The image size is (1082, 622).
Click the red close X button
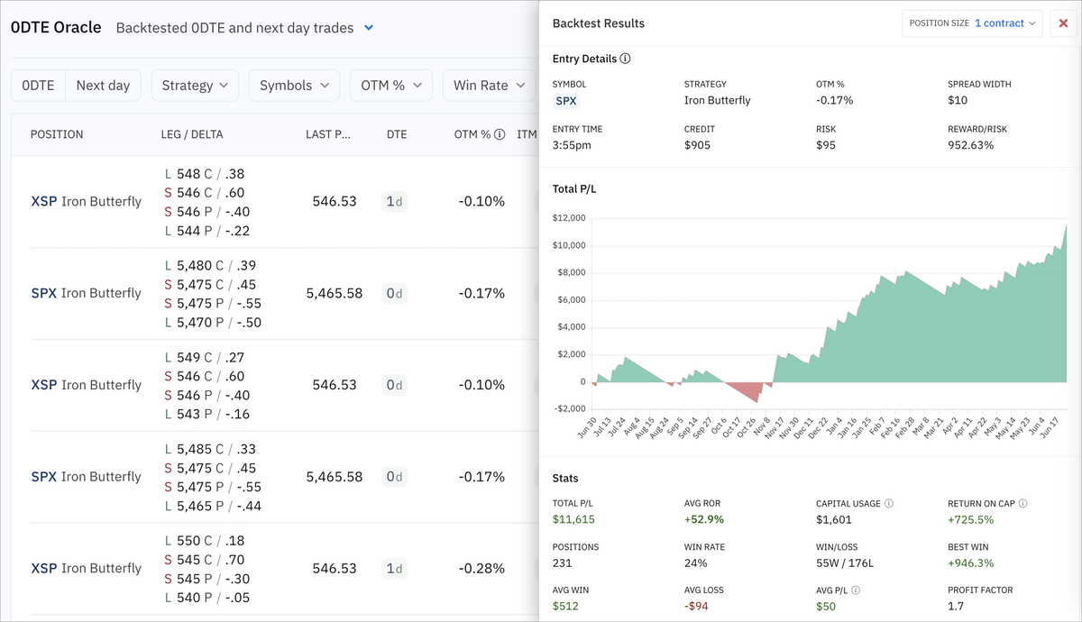pyautogui.click(x=1062, y=23)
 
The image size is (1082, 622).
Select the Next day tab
pyautogui.click(x=103, y=86)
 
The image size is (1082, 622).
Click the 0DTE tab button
pyautogui.click(x=39, y=86)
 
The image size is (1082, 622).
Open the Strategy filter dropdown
pyautogui.click(x=195, y=86)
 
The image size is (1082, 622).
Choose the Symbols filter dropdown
pyautogui.click(x=294, y=86)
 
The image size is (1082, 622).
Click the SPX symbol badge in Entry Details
pyautogui.click(x=566, y=101)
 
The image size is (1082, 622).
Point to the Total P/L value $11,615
pyautogui.click(x=573, y=519)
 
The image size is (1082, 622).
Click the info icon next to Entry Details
pyautogui.click(x=626, y=59)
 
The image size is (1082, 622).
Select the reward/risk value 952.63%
pyautogui.click(x=970, y=145)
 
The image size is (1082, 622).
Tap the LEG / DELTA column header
pyautogui.click(x=192, y=134)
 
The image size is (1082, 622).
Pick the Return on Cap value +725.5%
pyautogui.click(x=970, y=519)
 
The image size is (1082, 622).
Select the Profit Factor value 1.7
pyautogui.click(x=956, y=606)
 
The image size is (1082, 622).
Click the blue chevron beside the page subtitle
pyautogui.click(x=369, y=28)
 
